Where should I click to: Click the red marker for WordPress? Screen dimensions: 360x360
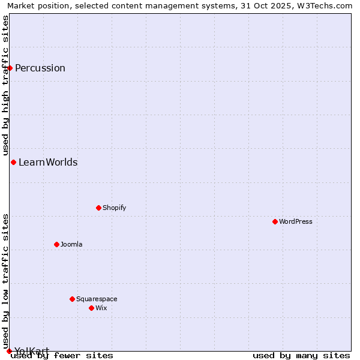275,221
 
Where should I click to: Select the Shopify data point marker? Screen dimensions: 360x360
98,208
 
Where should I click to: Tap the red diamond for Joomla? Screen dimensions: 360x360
56,244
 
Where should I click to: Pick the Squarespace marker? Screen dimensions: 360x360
72,299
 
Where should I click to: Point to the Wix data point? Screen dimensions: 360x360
91,308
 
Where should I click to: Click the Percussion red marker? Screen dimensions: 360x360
10,68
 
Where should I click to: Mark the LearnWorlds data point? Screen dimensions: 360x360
13,162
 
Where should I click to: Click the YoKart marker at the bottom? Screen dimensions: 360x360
9,351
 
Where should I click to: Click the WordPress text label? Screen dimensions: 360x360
296,221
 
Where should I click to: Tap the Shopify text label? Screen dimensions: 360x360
115,208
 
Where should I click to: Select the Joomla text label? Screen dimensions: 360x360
71,244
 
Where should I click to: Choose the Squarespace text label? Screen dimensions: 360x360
97,299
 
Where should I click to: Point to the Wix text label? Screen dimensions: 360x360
101,308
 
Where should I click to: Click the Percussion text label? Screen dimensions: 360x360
40,68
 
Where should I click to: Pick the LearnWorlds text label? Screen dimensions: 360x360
48,162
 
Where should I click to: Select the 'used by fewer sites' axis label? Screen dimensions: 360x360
62,355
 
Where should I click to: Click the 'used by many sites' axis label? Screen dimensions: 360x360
301,355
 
